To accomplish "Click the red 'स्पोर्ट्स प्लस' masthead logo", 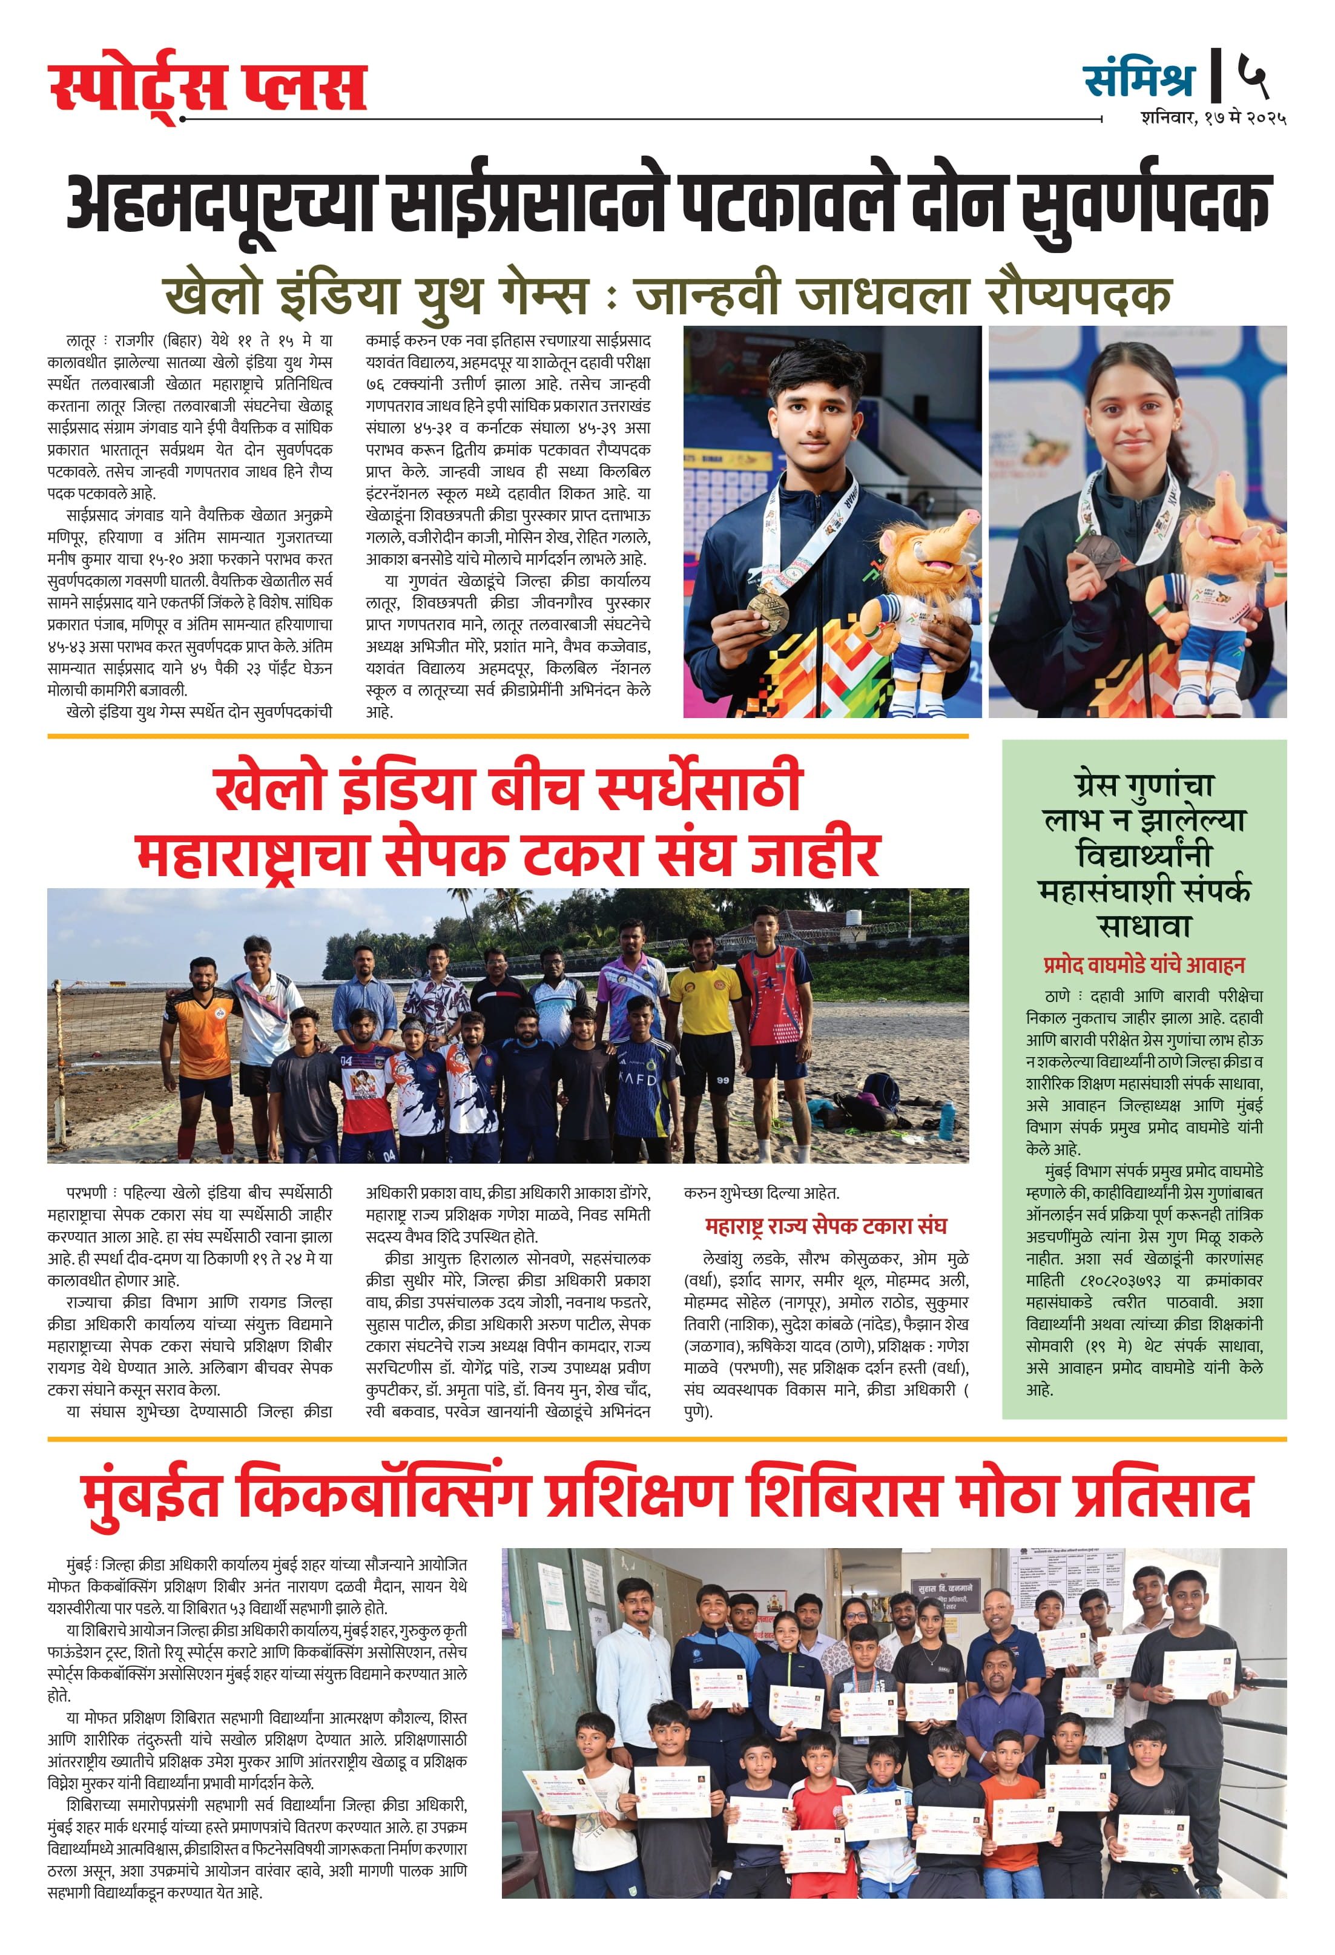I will (208, 87).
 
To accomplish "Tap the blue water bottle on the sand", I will (946, 1119).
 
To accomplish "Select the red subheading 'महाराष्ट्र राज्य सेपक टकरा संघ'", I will (825, 1225).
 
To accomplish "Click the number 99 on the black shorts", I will (723, 1078).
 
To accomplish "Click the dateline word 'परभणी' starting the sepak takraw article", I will (87, 1193).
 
